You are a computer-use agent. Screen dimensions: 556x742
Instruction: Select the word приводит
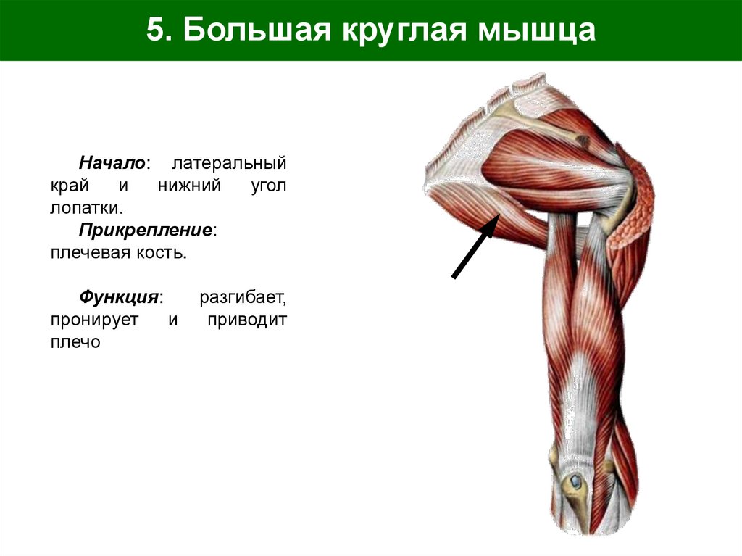point(246,320)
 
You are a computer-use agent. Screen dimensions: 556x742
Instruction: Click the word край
point(70,185)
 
